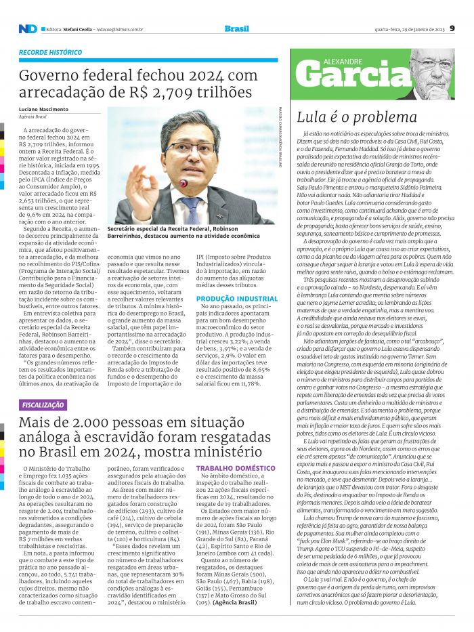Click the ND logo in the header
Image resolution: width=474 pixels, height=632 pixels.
click(x=28, y=28)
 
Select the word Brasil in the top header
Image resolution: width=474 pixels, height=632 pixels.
click(x=236, y=28)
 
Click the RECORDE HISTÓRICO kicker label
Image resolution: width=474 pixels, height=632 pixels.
click(x=51, y=52)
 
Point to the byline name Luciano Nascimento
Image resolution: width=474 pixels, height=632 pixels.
click(x=43, y=109)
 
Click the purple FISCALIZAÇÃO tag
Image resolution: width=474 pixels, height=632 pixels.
click(x=43, y=405)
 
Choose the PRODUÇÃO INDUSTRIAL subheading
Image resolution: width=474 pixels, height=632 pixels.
click(x=237, y=298)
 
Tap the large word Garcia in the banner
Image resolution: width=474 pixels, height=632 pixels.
click(x=351, y=76)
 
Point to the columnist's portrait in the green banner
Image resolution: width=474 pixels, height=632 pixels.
click(x=431, y=72)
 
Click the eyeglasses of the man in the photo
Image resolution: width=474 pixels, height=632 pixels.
click(x=191, y=146)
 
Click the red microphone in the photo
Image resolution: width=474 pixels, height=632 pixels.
click(x=183, y=184)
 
